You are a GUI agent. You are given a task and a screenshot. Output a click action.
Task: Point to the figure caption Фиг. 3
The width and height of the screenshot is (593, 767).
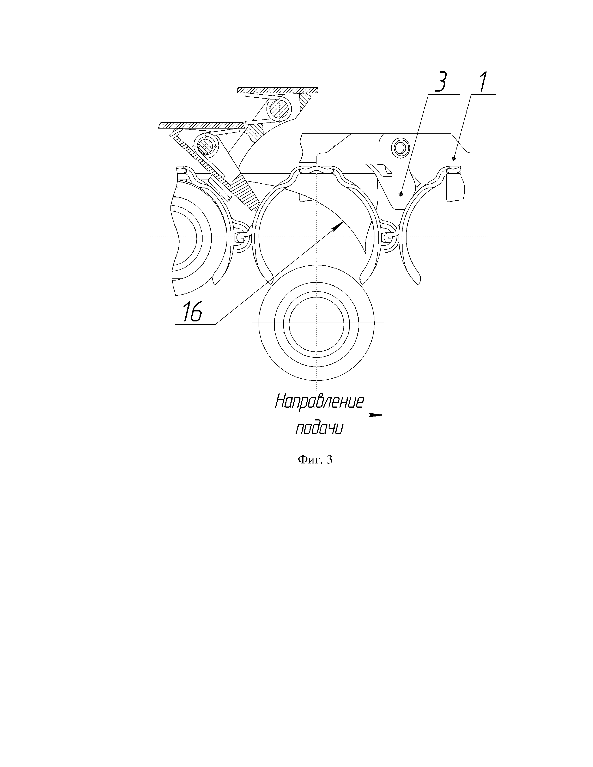point(315,460)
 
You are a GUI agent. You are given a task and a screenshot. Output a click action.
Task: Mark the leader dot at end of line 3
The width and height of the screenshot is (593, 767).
point(401,194)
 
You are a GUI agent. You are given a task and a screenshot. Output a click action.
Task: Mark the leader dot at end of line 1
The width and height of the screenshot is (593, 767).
point(453,158)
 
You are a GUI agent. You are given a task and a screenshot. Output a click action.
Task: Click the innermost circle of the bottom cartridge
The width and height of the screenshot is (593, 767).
point(316,326)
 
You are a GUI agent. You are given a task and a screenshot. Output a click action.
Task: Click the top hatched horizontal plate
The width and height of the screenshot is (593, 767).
point(277,90)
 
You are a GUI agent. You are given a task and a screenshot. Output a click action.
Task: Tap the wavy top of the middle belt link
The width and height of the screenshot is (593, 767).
point(316,171)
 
